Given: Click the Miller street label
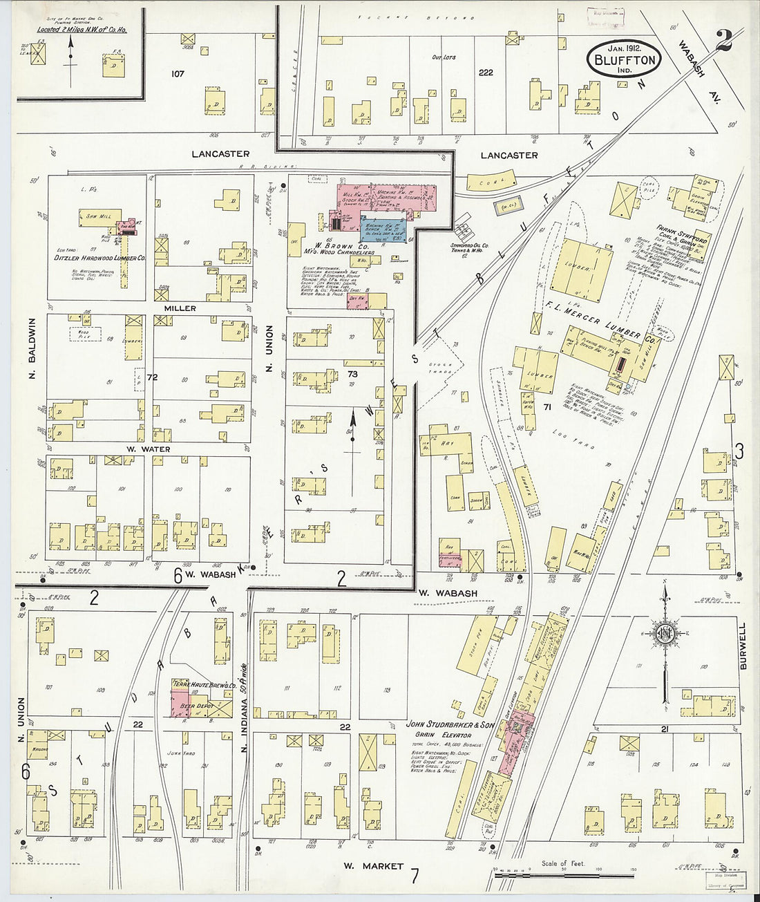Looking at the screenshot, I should click(x=180, y=308).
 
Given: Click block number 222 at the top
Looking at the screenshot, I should click(x=486, y=72).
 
